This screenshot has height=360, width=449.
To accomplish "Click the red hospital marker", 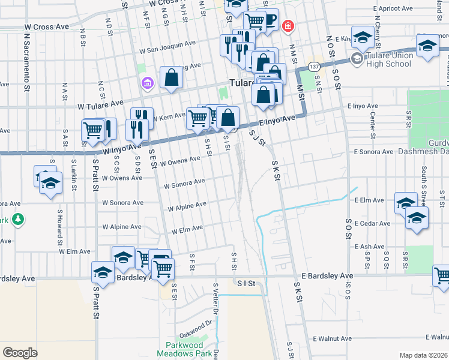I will tap(289, 26).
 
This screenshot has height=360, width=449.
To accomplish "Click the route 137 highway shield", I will tap(313, 65).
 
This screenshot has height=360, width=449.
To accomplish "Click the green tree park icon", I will tap(18, 220).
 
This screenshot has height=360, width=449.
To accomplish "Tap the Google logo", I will tap(20, 352).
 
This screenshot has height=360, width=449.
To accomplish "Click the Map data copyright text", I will tap(423, 355).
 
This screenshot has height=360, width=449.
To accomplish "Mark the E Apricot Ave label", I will tap(393, 10).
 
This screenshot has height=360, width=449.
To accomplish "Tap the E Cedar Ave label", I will tap(373, 224).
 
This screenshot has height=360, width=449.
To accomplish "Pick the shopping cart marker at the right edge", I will tap(442, 276).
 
